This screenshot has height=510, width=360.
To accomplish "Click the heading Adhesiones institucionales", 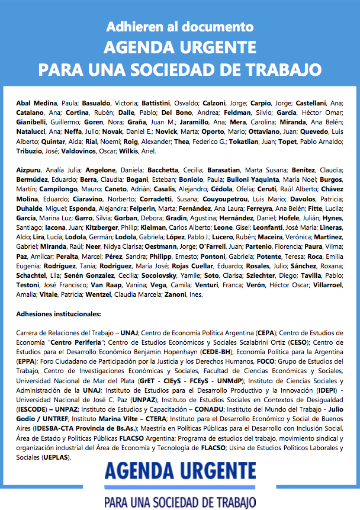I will (58, 314).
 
